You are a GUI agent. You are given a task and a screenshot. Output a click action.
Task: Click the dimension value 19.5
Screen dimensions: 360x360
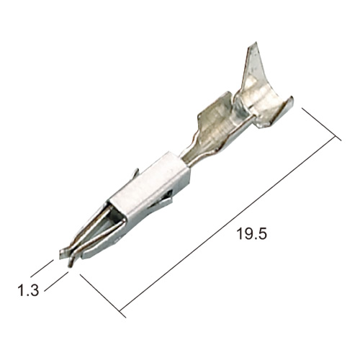(251, 233)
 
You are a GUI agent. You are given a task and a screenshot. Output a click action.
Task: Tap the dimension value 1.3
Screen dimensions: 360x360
(28, 290)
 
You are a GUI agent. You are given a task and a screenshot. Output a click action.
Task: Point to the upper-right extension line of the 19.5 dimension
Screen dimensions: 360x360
(321, 125)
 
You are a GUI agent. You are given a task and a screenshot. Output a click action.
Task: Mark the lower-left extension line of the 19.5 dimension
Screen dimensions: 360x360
(103, 296)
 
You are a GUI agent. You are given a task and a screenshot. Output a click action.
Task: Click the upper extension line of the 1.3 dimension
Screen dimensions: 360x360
(42, 269)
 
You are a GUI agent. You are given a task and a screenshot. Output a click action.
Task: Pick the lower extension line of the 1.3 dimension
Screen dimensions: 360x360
(57, 282)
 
